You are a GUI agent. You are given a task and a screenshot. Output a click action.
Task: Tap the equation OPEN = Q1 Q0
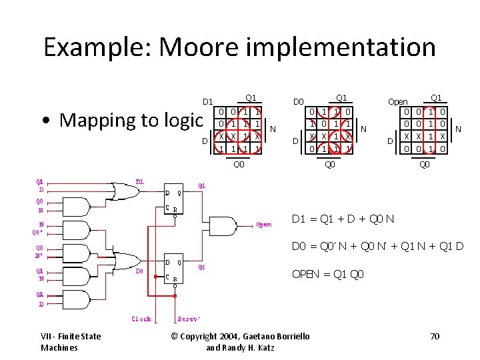click(327, 274)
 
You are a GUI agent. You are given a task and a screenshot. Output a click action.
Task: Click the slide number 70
click(435, 336)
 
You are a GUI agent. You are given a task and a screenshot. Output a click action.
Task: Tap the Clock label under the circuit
click(141, 319)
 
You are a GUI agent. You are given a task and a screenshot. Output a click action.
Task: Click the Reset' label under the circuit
click(189, 319)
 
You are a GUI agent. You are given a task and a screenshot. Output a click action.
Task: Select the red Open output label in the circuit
click(264, 225)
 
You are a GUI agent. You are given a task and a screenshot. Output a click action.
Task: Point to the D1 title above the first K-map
click(207, 102)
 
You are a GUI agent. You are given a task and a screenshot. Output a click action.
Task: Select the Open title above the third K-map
click(398, 102)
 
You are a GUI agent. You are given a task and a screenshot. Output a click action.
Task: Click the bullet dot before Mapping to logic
click(45, 121)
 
